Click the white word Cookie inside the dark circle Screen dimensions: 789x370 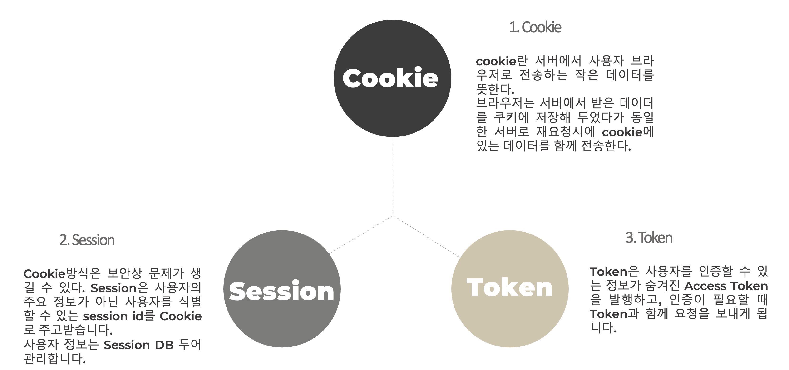click(390, 78)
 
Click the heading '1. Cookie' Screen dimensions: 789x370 click(535, 27)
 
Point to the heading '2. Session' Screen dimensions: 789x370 click(87, 240)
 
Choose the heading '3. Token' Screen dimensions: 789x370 click(649, 238)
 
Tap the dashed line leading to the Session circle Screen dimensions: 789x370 click(361, 235)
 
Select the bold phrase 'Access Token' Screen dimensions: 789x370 click(726, 286)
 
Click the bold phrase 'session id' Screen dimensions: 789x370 click(113, 316)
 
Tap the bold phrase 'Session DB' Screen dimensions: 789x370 click(139, 345)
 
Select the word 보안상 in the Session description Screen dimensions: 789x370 click(125, 273)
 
